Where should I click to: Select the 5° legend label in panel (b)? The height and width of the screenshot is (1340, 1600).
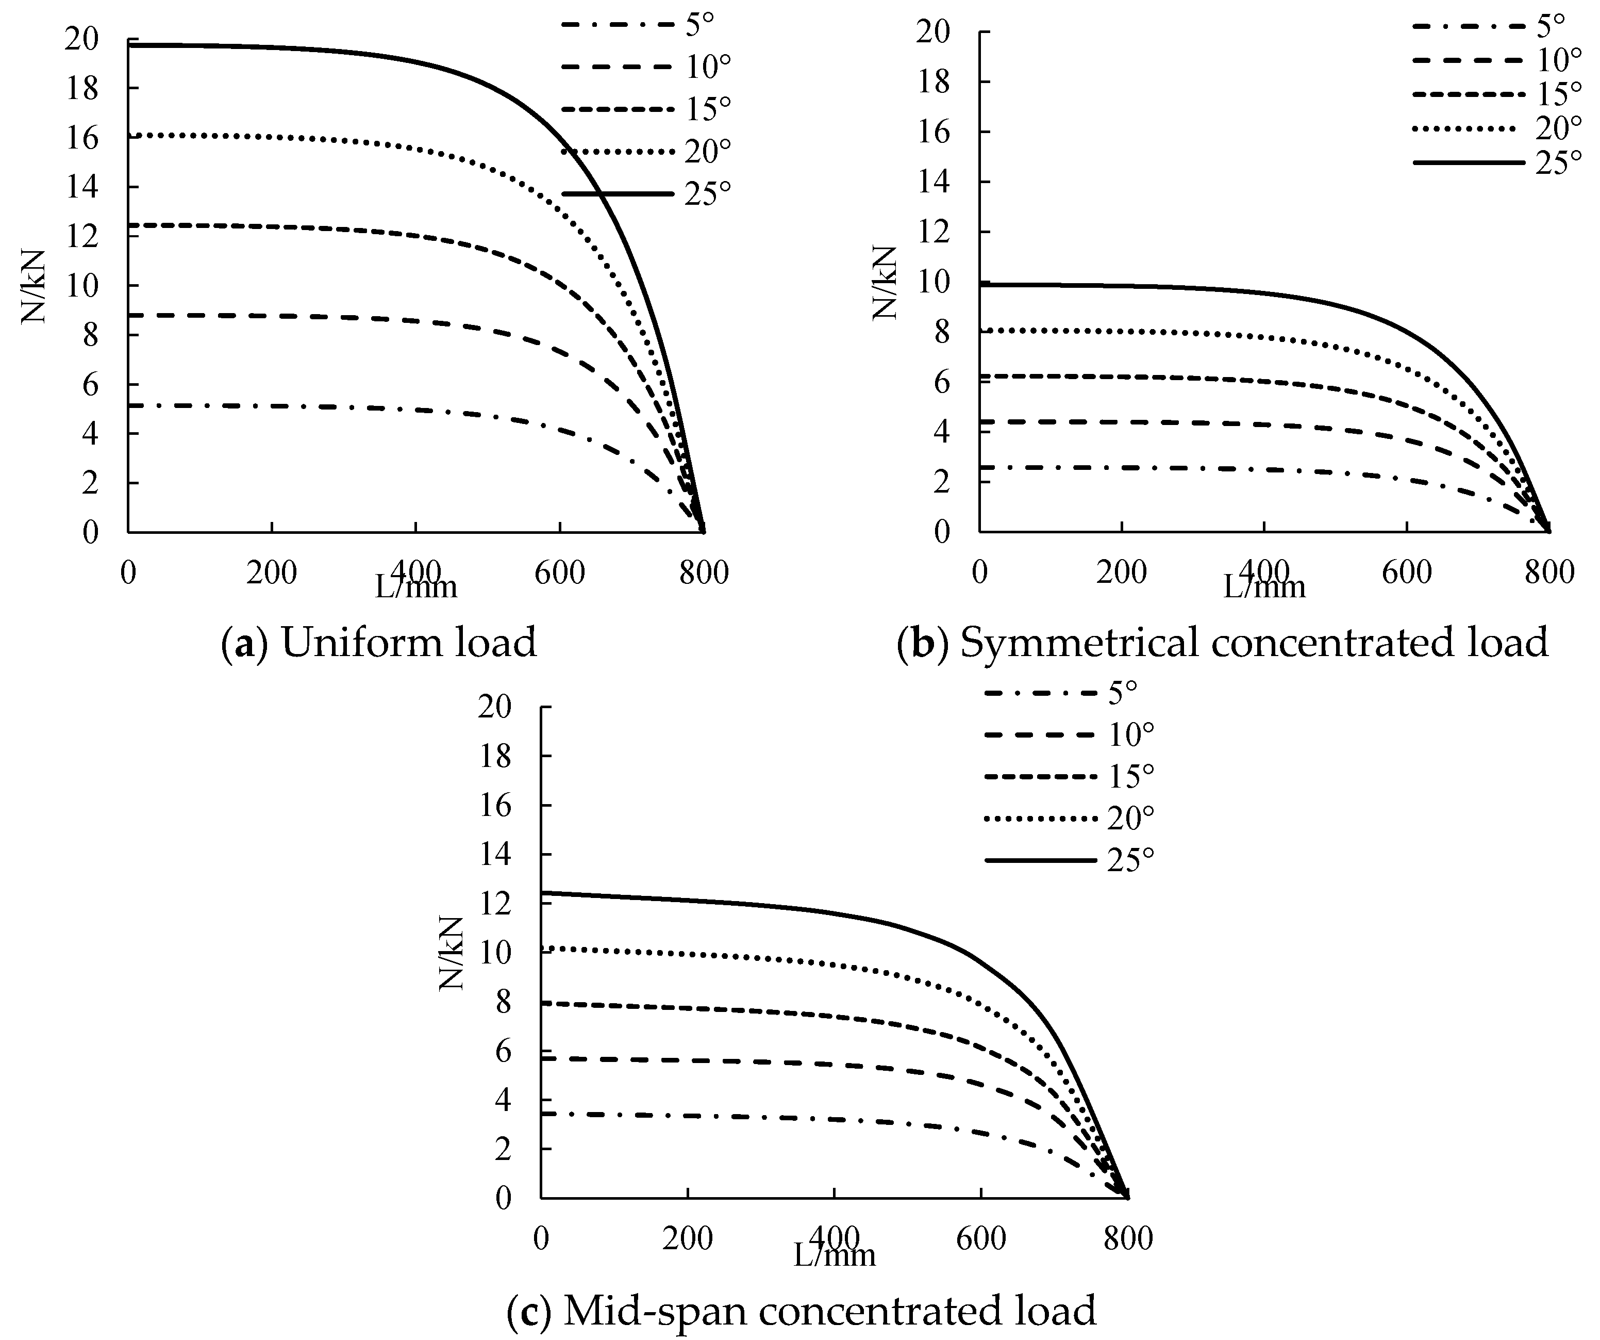1549,26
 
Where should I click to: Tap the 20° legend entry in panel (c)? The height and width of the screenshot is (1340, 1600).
1130,818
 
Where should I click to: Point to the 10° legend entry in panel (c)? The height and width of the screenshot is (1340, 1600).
1130,734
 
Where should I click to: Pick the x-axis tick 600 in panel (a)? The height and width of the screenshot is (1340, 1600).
559,573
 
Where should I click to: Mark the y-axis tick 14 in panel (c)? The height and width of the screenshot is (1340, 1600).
495,855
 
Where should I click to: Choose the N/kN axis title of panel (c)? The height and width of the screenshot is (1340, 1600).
452,953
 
